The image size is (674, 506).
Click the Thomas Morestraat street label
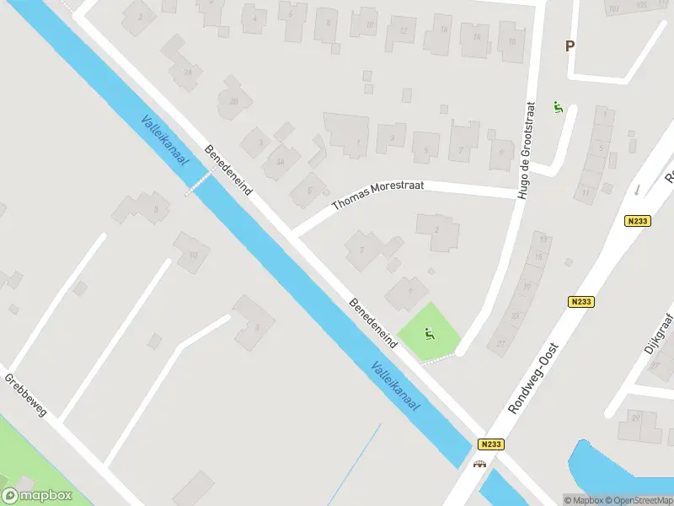click(377, 194)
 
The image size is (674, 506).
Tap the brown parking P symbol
click(570, 46)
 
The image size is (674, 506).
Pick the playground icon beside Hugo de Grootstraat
click(557, 107)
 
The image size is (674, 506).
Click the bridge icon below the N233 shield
click(481, 462)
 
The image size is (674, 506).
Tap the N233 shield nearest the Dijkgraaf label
click(581, 301)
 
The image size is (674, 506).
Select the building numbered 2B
click(233, 101)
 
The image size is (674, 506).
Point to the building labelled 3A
click(280, 161)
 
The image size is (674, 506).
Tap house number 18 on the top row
click(511, 36)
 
